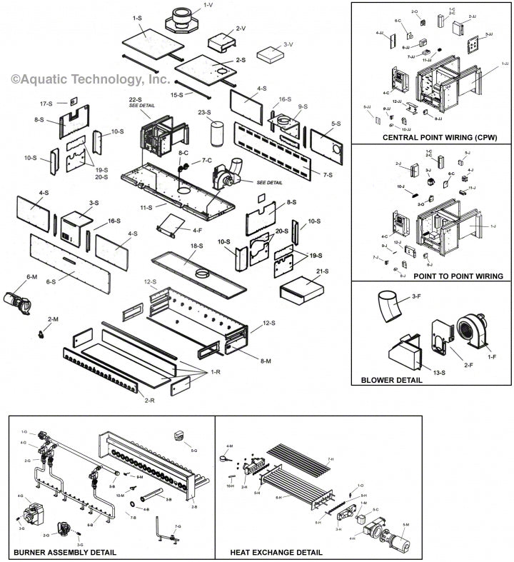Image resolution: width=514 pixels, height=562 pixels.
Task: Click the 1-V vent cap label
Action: click(208, 5)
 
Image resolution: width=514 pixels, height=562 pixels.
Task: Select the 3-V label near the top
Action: click(288, 44)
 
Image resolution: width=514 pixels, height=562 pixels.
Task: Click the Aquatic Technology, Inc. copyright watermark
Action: click(90, 79)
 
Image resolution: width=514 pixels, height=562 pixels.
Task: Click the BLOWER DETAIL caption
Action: click(391, 380)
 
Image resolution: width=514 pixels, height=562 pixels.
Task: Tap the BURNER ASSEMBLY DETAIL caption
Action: click(65, 552)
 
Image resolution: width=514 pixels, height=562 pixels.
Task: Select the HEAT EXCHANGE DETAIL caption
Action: click(276, 552)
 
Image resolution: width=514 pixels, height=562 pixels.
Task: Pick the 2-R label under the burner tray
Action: click(150, 400)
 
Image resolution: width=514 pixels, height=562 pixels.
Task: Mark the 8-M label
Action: click(266, 361)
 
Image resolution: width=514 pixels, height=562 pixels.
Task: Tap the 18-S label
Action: click(196, 246)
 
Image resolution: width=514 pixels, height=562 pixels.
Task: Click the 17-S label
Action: click(46, 104)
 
